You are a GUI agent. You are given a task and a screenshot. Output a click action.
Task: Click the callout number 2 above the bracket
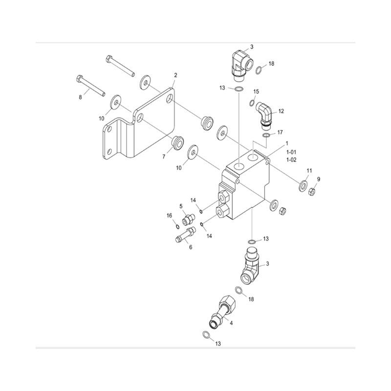pyautogui.click(x=175, y=75)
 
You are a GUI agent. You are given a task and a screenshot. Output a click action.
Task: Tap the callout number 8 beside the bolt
pyautogui.click(x=80, y=97)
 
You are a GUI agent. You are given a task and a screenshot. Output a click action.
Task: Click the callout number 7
pyautogui.click(x=164, y=156)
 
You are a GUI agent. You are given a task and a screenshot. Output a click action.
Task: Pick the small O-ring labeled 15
pyautogui.click(x=252, y=103)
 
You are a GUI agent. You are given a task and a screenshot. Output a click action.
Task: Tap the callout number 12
pyautogui.click(x=281, y=111)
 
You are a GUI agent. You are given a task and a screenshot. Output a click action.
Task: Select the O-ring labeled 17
pyautogui.click(x=266, y=135)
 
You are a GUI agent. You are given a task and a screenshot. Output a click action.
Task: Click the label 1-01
pyautogui.click(x=291, y=152)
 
